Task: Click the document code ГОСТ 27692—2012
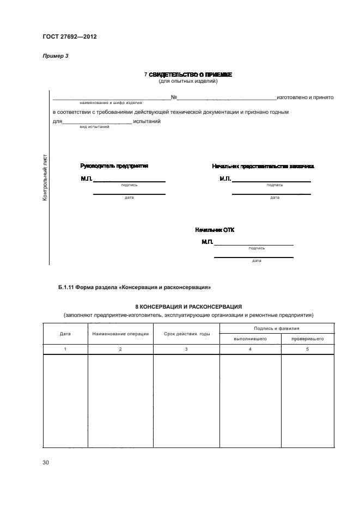point(66,37)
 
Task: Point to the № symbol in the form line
point(174,97)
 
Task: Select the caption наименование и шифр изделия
point(111,102)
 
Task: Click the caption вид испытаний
point(94,126)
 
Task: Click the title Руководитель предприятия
point(114,166)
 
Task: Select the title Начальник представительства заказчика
point(263,166)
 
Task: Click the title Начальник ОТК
point(215,230)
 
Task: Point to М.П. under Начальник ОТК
point(207,242)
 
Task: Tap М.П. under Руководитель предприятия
point(87,179)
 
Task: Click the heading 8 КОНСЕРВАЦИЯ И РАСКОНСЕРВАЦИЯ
point(188,307)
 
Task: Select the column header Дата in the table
point(65,334)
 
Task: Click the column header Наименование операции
point(120,334)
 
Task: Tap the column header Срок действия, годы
point(186,334)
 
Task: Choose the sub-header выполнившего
point(249,339)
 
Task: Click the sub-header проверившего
point(308,339)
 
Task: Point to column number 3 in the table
point(186,348)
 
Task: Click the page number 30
point(46,463)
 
